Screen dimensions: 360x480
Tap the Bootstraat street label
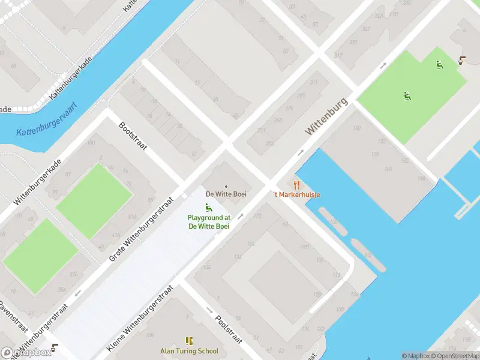(x=133, y=136)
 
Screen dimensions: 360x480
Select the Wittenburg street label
(x=326, y=116)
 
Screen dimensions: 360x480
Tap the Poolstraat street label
(x=228, y=328)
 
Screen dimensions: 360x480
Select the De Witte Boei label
(x=226, y=194)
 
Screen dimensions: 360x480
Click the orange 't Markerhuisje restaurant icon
(x=296, y=184)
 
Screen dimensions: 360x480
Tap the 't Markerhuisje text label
(x=296, y=194)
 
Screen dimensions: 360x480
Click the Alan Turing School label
(x=189, y=351)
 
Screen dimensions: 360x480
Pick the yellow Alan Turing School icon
(x=189, y=341)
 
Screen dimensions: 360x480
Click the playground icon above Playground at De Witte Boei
(x=209, y=208)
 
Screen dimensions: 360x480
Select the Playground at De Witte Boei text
(x=209, y=222)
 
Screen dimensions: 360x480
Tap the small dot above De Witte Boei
(x=226, y=186)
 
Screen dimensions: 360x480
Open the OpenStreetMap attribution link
(x=453, y=356)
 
